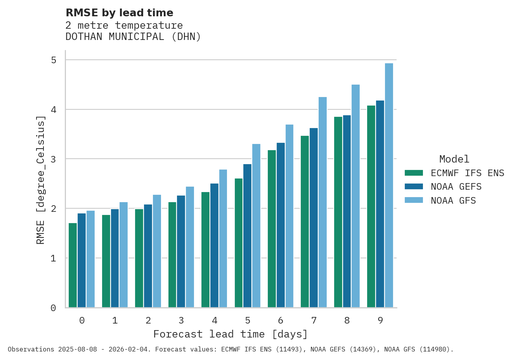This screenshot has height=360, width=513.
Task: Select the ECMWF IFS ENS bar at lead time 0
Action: [73, 265]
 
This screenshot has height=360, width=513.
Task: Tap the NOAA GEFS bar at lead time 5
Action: [247, 236]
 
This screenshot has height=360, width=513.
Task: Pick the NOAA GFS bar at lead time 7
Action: [322, 202]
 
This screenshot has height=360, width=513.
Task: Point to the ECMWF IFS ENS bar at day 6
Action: [272, 229]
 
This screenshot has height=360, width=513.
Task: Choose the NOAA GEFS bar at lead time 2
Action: [148, 256]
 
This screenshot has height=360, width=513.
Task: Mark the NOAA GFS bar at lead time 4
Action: [223, 239]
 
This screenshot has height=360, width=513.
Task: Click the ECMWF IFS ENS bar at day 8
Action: [338, 212]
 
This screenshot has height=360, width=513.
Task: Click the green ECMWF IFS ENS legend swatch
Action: [414, 173]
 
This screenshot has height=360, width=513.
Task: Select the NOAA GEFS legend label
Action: [456, 187]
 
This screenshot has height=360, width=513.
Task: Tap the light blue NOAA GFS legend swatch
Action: [414, 201]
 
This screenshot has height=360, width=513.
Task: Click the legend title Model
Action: [454, 159]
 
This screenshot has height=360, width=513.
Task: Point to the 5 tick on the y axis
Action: [54, 60]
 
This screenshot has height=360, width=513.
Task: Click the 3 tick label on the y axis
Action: [54, 159]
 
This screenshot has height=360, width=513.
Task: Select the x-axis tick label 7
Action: [314, 320]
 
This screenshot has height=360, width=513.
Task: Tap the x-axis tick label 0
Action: [82, 320]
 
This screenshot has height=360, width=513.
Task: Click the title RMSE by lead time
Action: [120, 13]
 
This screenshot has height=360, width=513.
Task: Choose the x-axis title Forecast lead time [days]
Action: [231, 334]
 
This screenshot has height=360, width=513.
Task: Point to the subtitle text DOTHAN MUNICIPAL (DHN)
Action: [133, 37]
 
